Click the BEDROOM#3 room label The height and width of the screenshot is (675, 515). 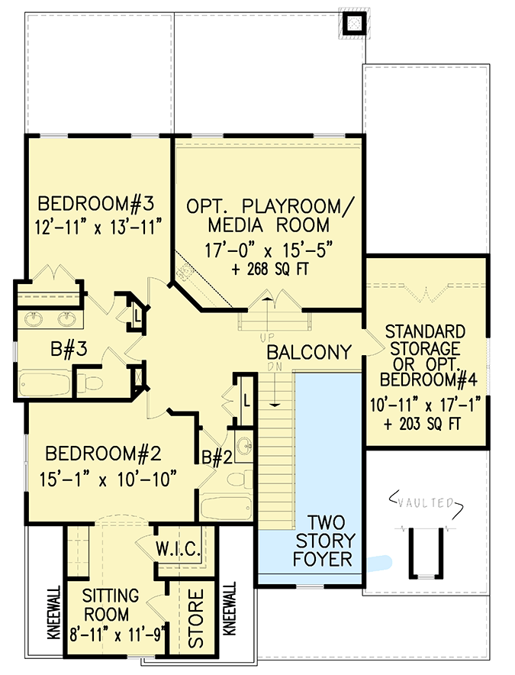point(96,204)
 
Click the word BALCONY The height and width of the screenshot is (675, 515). point(309,353)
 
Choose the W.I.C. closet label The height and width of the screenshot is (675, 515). point(178,549)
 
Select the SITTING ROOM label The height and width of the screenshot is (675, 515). point(112,604)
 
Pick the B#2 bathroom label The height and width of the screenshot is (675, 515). point(217,458)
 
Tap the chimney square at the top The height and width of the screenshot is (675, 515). point(352,23)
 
